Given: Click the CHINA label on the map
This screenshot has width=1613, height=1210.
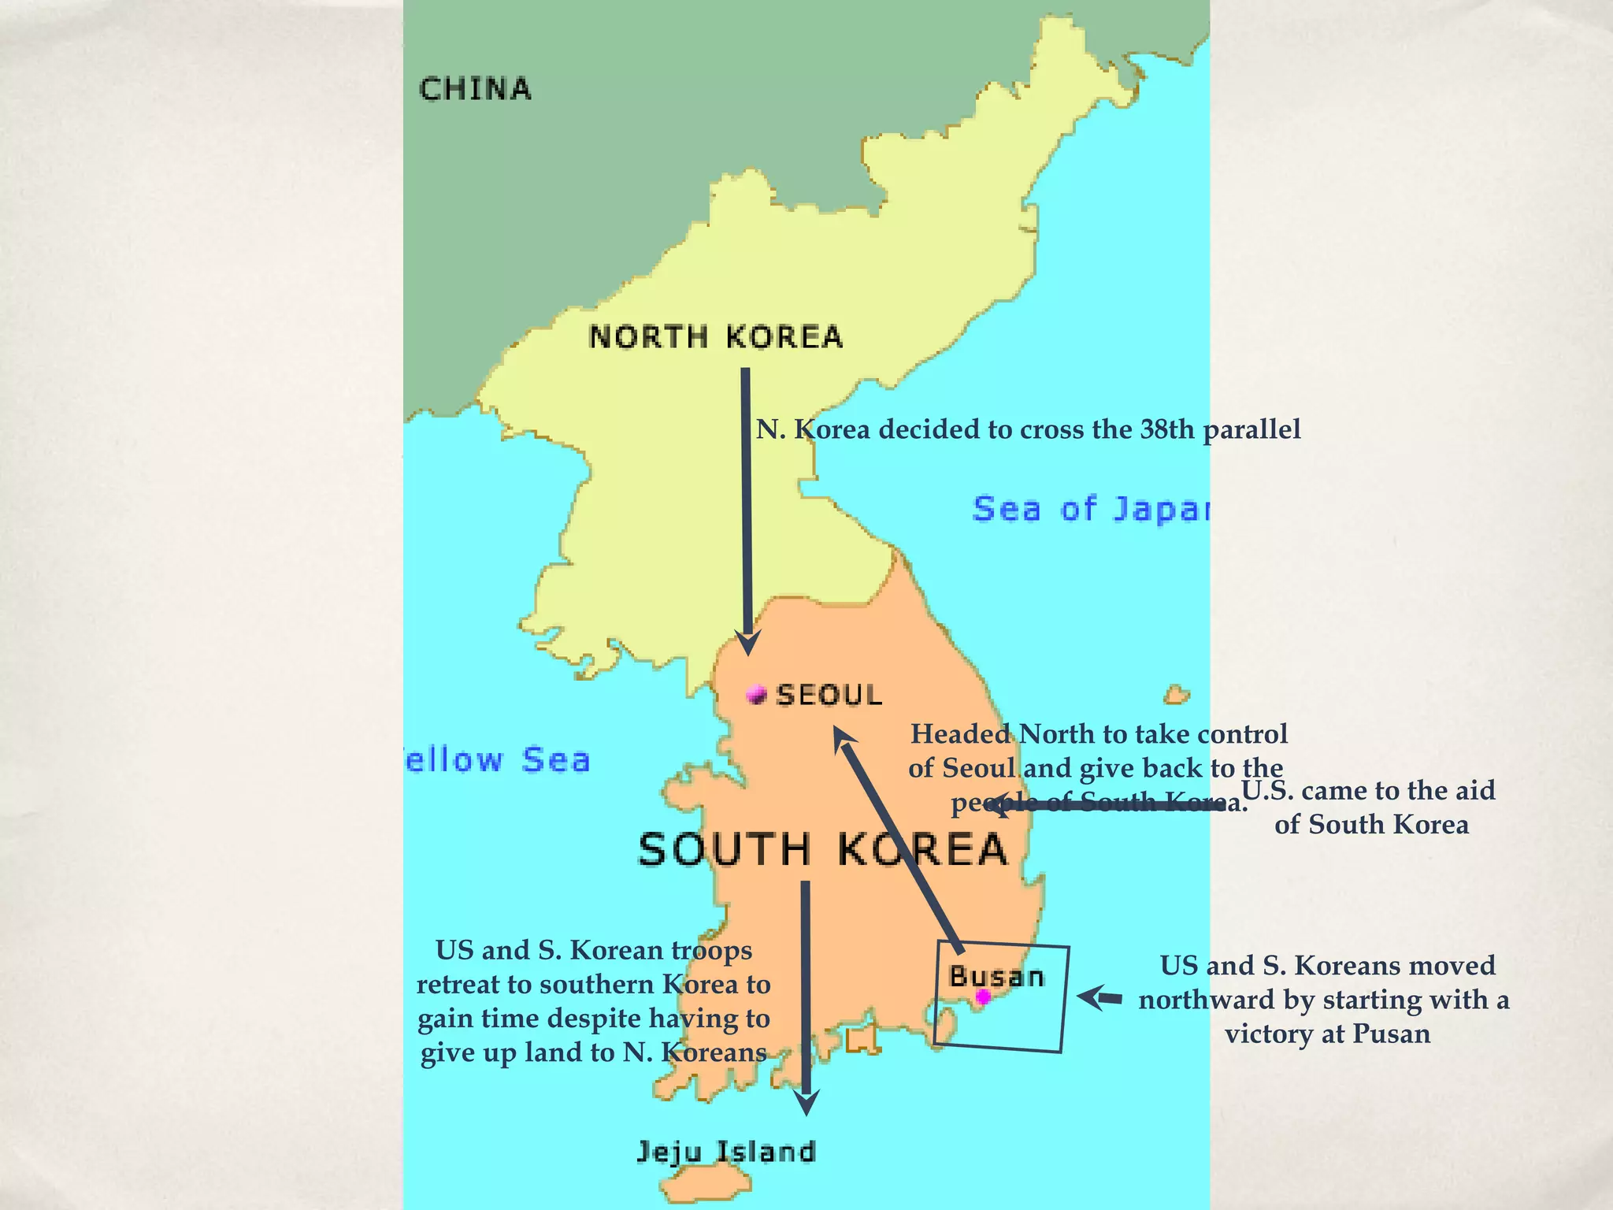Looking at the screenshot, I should point(475,89).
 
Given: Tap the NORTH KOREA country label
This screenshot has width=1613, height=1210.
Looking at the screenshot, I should point(715,337).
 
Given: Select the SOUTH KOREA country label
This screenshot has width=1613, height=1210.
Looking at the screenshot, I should point(822,849).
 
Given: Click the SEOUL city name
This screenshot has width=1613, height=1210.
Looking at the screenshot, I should point(829,695).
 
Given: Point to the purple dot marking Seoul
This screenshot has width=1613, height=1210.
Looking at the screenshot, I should point(757,694).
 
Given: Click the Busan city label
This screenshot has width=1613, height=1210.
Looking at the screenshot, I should point(996,977).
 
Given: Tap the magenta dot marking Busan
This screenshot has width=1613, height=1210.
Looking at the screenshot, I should point(983,997).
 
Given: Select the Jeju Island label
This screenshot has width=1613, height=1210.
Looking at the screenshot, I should point(725,1152).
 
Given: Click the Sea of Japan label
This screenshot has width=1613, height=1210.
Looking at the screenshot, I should point(1091,509).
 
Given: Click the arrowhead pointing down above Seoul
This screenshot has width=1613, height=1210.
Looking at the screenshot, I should point(747,642).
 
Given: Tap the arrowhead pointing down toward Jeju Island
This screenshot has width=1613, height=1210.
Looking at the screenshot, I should point(806,1103).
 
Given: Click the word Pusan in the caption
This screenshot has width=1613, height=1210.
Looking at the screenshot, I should point(1391,1034).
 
